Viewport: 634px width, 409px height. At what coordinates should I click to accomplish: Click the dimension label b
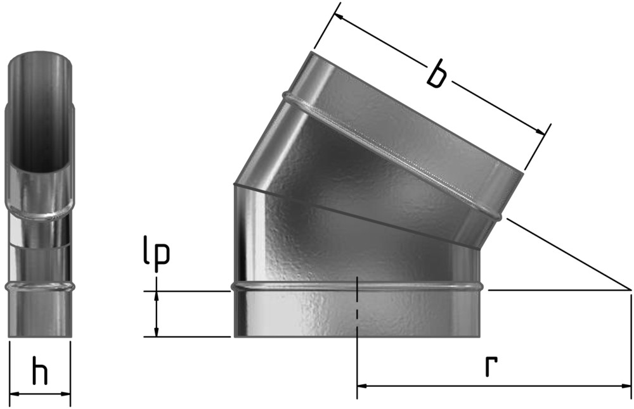click(437, 73)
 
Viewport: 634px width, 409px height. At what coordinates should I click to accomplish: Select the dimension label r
click(491, 366)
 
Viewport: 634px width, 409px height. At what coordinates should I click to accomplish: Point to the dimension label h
click(39, 370)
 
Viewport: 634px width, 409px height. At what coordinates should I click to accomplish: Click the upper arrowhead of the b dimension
click(339, 17)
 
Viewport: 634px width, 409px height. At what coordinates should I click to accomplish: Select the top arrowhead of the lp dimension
click(157, 296)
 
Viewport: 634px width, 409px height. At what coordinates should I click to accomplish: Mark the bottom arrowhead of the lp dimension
click(157, 331)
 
